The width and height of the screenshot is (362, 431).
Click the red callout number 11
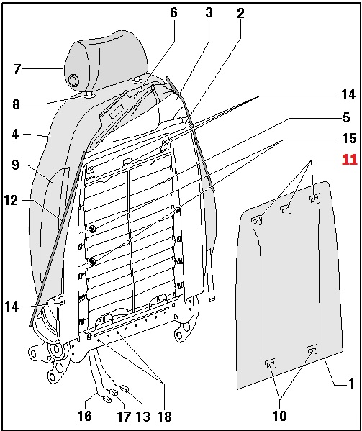[x=349, y=160]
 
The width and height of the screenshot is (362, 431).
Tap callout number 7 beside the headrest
[x=17, y=69]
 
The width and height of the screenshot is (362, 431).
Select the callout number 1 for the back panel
[x=351, y=384]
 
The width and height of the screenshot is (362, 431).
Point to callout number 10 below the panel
[x=279, y=416]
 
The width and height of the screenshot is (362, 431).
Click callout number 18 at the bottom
[x=164, y=416]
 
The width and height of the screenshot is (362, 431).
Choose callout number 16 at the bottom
[x=85, y=416]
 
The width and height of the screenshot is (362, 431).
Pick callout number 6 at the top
[x=173, y=12]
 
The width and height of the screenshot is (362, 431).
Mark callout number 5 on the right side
[x=346, y=117]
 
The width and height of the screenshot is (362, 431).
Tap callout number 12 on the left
[x=11, y=200]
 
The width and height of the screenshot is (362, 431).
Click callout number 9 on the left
[x=15, y=165]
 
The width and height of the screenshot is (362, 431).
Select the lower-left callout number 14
[x=12, y=307]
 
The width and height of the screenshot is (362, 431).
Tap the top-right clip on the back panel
[x=315, y=198]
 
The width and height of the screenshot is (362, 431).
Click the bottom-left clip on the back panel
[x=271, y=363]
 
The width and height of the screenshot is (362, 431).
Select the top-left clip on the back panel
[x=257, y=220]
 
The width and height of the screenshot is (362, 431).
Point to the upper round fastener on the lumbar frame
[x=93, y=229]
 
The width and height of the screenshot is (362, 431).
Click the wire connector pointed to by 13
[x=125, y=389]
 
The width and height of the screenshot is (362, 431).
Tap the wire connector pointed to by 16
[x=107, y=399]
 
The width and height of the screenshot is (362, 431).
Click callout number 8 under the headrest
[x=16, y=104]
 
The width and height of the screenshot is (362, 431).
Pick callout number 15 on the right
[x=349, y=138]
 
